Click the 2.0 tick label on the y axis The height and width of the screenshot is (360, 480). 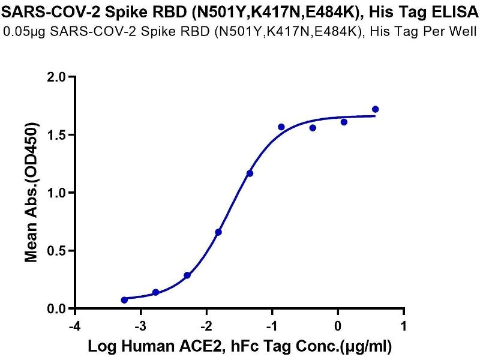[58, 77]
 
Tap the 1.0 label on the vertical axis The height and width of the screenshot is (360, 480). [58, 193]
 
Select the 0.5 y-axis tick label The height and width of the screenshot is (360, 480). [58, 251]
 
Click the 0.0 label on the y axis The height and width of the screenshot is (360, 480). [58, 308]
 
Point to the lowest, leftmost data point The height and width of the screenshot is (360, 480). [124, 300]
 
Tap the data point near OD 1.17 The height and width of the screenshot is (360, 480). [250, 173]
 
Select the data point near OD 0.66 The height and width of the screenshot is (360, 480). [218, 232]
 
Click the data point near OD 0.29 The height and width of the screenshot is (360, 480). [187, 275]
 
